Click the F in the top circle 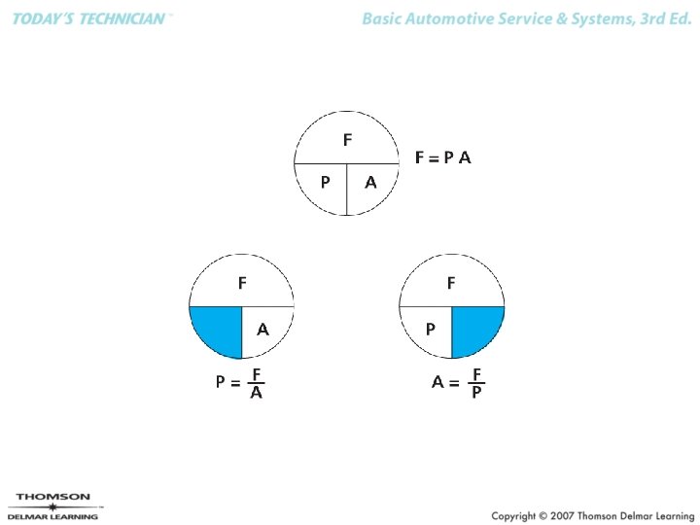pyautogui.click(x=347, y=141)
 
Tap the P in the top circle pyautogui.click(x=326, y=182)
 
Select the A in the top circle pyautogui.click(x=370, y=182)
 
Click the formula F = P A pyautogui.click(x=442, y=157)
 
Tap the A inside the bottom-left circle pyautogui.click(x=262, y=331)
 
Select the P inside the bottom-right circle pyautogui.click(x=431, y=331)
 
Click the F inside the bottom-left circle pyautogui.click(x=242, y=284)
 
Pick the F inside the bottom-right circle pyautogui.click(x=451, y=284)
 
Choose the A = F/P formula pyautogui.click(x=458, y=383)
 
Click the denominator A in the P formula pyautogui.click(x=256, y=394)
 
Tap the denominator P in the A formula pyautogui.click(x=476, y=394)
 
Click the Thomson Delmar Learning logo pyautogui.click(x=53, y=507)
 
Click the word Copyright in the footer pyautogui.click(x=516, y=515)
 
